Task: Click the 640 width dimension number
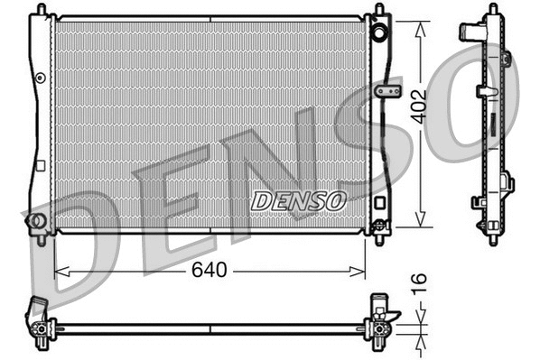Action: coord(210,269)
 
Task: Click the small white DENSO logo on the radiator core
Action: coord(297,200)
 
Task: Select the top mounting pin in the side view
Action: coord(491,9)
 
